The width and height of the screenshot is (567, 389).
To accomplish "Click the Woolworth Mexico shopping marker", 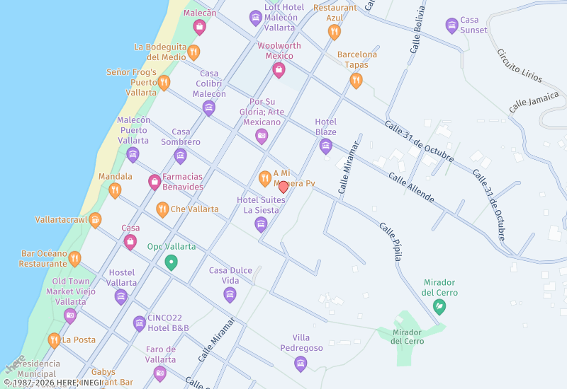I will coord(279,69).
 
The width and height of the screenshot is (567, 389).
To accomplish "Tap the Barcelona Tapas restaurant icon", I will coord(357,80).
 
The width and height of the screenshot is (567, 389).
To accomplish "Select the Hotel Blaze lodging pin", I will coord(326,146).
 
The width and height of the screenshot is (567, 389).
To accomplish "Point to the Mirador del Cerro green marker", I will coord(439,306).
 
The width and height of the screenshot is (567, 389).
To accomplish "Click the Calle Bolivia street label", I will coord(417,30).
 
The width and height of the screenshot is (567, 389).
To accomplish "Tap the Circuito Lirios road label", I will coord(520,65).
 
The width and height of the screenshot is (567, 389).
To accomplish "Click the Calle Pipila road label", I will coord(391,242).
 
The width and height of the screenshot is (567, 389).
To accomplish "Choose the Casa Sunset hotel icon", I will coord(452,25).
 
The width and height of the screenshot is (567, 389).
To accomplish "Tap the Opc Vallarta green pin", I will coord(171,262).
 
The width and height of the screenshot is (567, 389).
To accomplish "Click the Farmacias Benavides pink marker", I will coord(155,182).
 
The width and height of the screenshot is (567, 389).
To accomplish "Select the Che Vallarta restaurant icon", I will coord(162,209).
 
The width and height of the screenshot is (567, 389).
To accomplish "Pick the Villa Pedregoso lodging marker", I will coord(301,364).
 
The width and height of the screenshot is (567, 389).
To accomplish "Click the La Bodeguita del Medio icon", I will coord(193,52).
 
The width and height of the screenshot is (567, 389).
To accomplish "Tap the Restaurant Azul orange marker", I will coord(335,31).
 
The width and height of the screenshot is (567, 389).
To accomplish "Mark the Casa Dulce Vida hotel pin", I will coord(230,294).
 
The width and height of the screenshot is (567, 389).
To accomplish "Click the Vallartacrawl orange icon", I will coord(95,220).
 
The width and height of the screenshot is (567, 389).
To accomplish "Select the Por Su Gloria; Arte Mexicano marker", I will coord(262,136).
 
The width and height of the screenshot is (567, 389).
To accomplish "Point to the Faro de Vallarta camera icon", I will coord(160,373).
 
